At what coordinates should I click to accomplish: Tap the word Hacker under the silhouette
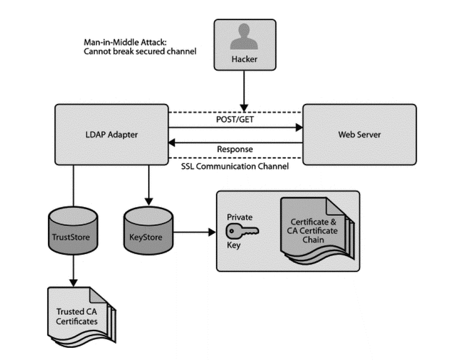[245, 59]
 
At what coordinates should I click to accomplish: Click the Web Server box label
[359, 135]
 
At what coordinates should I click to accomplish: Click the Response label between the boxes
[235, 150]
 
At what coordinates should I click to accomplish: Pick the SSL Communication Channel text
[235, 166]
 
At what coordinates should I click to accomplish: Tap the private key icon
[242, 231]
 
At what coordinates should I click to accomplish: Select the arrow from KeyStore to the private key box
[194, 232]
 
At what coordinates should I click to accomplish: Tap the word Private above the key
[239, 217]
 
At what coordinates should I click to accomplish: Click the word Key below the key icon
[234, 246]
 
